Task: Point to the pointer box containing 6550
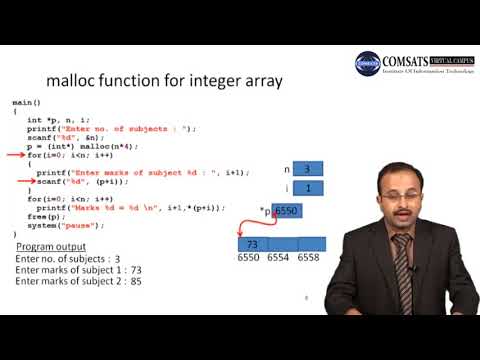286,212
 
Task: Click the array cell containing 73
253,244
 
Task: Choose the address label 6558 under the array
308,258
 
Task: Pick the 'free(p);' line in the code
43,215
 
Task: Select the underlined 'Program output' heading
50,246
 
